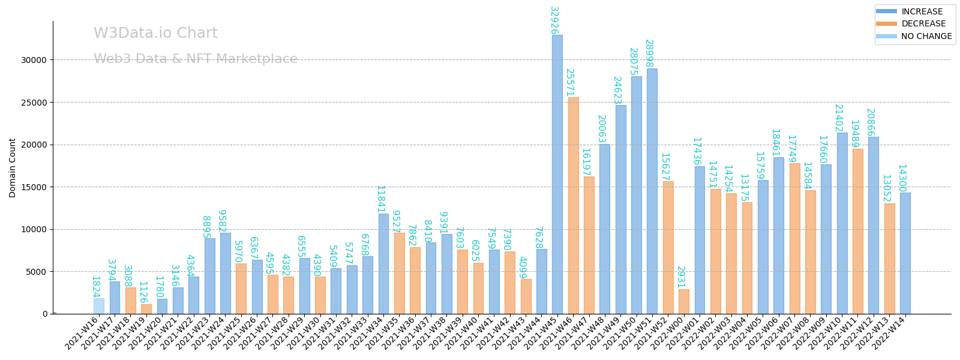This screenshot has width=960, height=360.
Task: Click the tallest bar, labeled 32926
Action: [557, 174]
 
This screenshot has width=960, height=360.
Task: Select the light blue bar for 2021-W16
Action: [98, 306]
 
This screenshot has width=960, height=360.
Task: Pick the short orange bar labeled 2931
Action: [683, 301]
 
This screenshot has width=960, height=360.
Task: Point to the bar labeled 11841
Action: [383, 263]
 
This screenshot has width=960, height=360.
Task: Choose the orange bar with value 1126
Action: [146, 309]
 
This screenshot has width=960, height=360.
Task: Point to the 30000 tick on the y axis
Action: [34, 60]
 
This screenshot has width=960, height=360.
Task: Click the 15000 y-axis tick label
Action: [34, 187]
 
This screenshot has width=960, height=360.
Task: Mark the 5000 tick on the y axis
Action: [36, 272]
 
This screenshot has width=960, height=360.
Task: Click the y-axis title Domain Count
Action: [13, 168]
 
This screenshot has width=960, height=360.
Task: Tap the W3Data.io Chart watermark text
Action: [155, 34]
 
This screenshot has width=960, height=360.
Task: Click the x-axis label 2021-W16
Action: [82, 333]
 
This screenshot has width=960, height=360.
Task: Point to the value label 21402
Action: [839, 118]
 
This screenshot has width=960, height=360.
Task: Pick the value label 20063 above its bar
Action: [601, 129]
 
